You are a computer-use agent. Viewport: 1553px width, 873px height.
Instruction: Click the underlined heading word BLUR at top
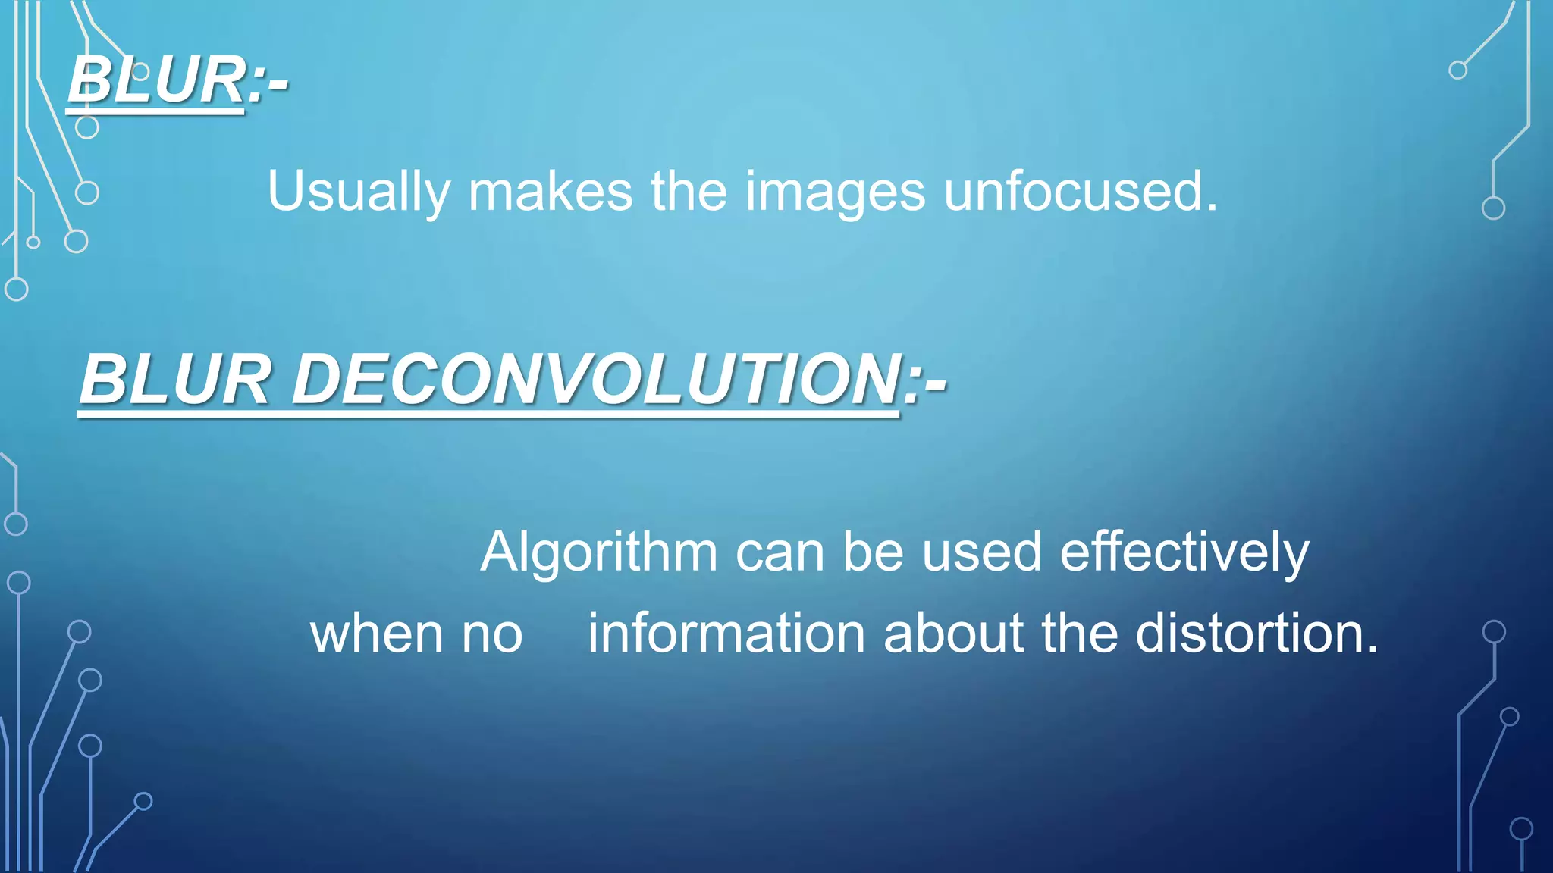click(156, 80)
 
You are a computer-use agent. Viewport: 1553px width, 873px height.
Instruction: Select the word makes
click(550, 191)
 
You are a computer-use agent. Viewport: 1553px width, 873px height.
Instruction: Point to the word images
click(835, 192)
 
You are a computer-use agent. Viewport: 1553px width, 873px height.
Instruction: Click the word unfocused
click(1072, 191)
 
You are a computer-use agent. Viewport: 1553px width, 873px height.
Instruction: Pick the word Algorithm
click(599, 553)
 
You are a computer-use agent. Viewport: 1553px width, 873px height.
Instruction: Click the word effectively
click(1184, 553)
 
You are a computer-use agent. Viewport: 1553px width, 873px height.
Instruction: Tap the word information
click(726, 634)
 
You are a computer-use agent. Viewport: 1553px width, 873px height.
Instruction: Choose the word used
click(981, 552)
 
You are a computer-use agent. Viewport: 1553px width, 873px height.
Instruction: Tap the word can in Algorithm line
click(780, 552)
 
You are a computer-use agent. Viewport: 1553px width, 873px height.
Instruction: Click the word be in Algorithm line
click(873, 552)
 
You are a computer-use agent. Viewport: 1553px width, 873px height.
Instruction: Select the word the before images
click(689, 191)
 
